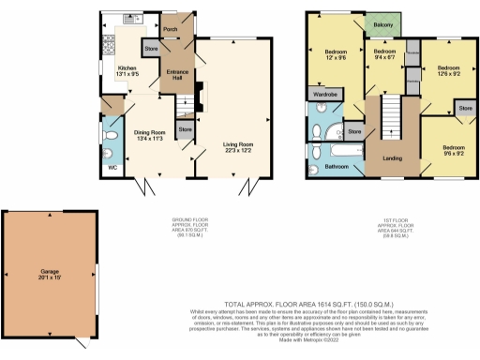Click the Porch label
(x=171, y=29)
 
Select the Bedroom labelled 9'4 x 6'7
(x=382, y=54)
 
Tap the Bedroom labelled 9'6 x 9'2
(x=454, y=152)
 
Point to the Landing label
(x=392, y=158)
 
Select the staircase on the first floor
(x=391, y=117)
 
